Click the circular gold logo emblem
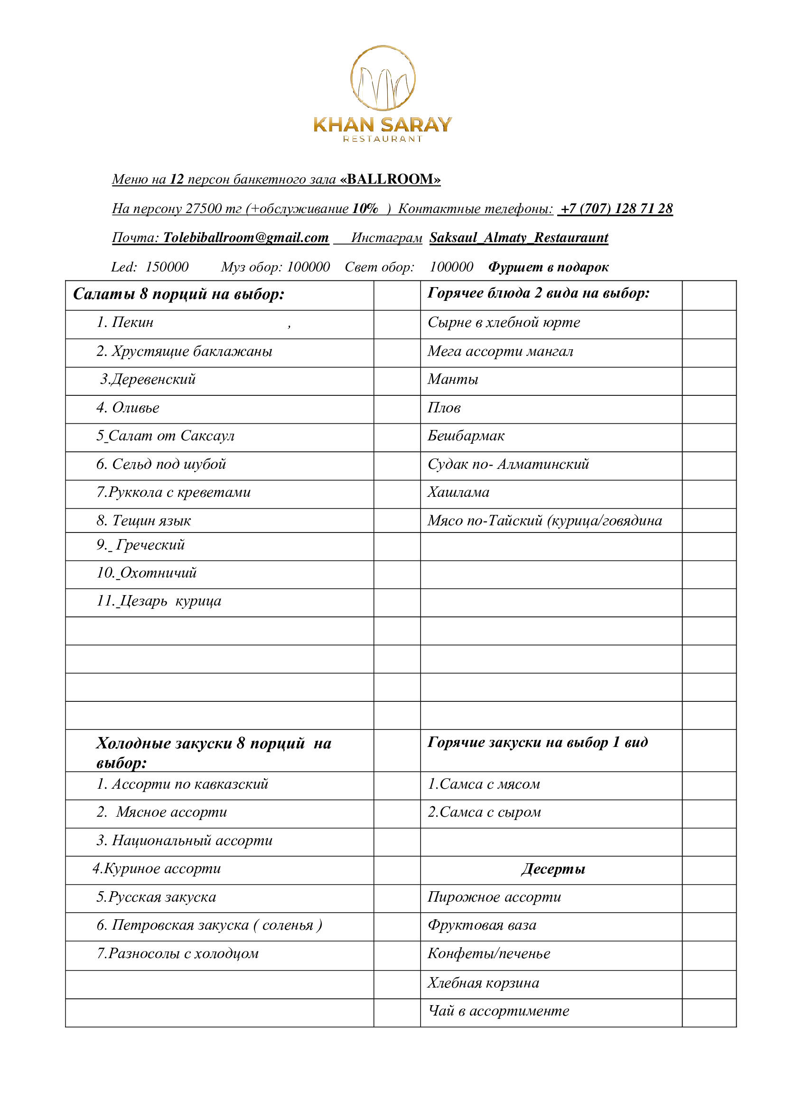click(383, 78)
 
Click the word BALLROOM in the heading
click(390, 179)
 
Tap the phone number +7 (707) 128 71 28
click(616, 208)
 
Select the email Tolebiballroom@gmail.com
click(245, 237)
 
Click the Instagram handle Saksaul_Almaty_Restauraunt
click(518, 237)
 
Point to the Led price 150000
click(167, 267)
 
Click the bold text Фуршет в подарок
click(548, 267)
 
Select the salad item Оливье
click(135, 408)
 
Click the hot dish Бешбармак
click(466, 436)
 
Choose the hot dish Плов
click(444, 408)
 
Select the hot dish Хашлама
click(458, 492)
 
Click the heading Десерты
click(553, 869)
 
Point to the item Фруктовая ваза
click(482, 925)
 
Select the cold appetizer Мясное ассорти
click(171, 812)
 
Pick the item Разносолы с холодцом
click(183, 953)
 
